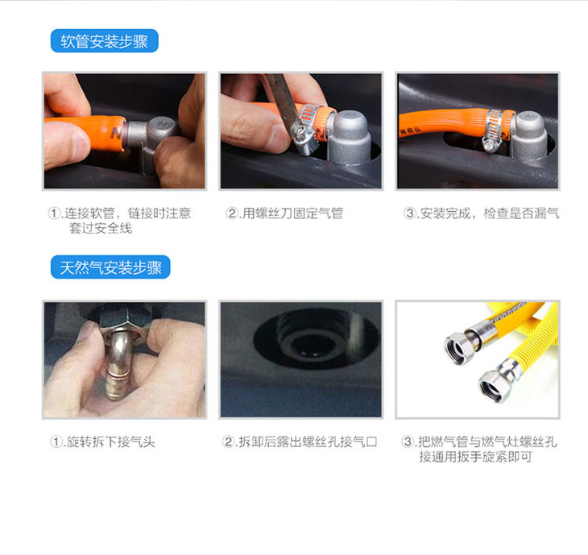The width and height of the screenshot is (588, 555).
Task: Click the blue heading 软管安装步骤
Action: pyautogui.click(x=104, y=41)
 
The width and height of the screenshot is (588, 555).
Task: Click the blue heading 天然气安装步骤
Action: pyautogui.click(x=110, y=267)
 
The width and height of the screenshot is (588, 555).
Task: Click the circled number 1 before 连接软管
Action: pyautogui.click(x=55, y=213)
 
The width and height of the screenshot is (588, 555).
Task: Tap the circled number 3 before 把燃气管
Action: pyautogui.click(x=408, y=441)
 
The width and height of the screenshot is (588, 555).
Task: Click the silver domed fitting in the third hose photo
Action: pyautogui.click(x=529, y=133)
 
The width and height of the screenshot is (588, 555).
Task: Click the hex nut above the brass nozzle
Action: pyautogui.click(x=126, y=317)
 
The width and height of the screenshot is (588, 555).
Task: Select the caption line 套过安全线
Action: pyautogui.click(x=101, y=228)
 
